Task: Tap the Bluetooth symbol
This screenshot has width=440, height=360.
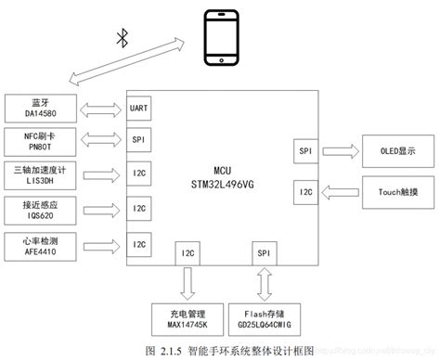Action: (121, 38)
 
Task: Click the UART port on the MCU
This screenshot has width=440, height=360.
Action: (139, 108)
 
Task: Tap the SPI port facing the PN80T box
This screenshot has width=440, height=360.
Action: (138, 141)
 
